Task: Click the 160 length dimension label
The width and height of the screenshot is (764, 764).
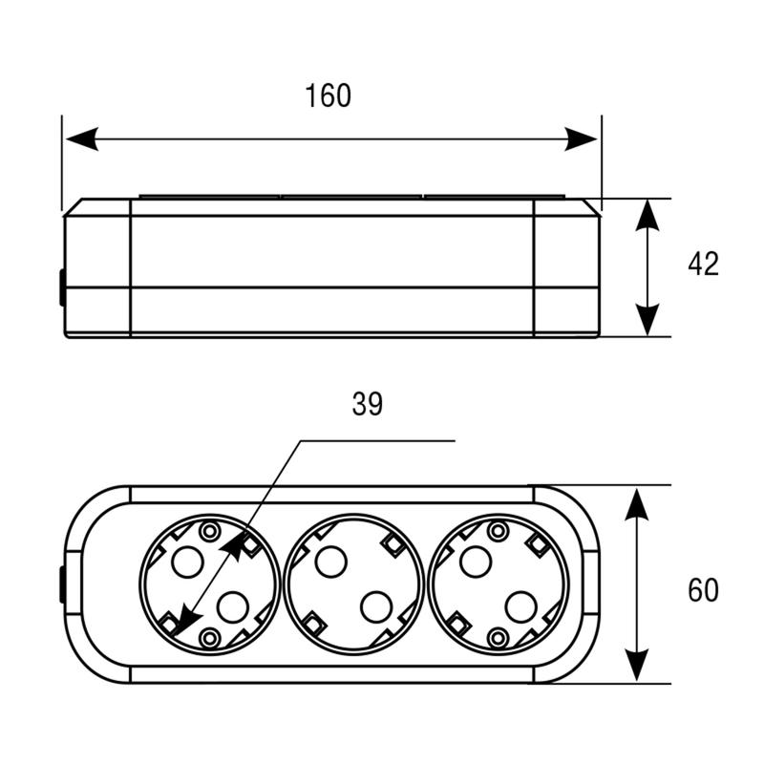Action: [x=328, y=95]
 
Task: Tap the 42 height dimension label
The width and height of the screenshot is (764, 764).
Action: [x=703, y=264]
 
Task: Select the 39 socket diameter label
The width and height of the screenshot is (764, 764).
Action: [x=368, y=404]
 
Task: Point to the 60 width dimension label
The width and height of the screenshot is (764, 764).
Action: [x=703, y=590]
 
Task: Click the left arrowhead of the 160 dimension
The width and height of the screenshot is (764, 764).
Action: [x=82, y=138]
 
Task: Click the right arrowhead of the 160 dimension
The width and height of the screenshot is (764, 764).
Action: [x=581, y=138]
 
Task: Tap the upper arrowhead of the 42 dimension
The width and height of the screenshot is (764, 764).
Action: [x=647, y=216]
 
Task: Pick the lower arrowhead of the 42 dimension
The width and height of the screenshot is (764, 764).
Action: [x=647, y=320]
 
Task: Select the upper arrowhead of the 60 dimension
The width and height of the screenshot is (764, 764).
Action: [x=637, y=505]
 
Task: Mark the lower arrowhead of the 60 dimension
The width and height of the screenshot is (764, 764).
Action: [x=637, y=665]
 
